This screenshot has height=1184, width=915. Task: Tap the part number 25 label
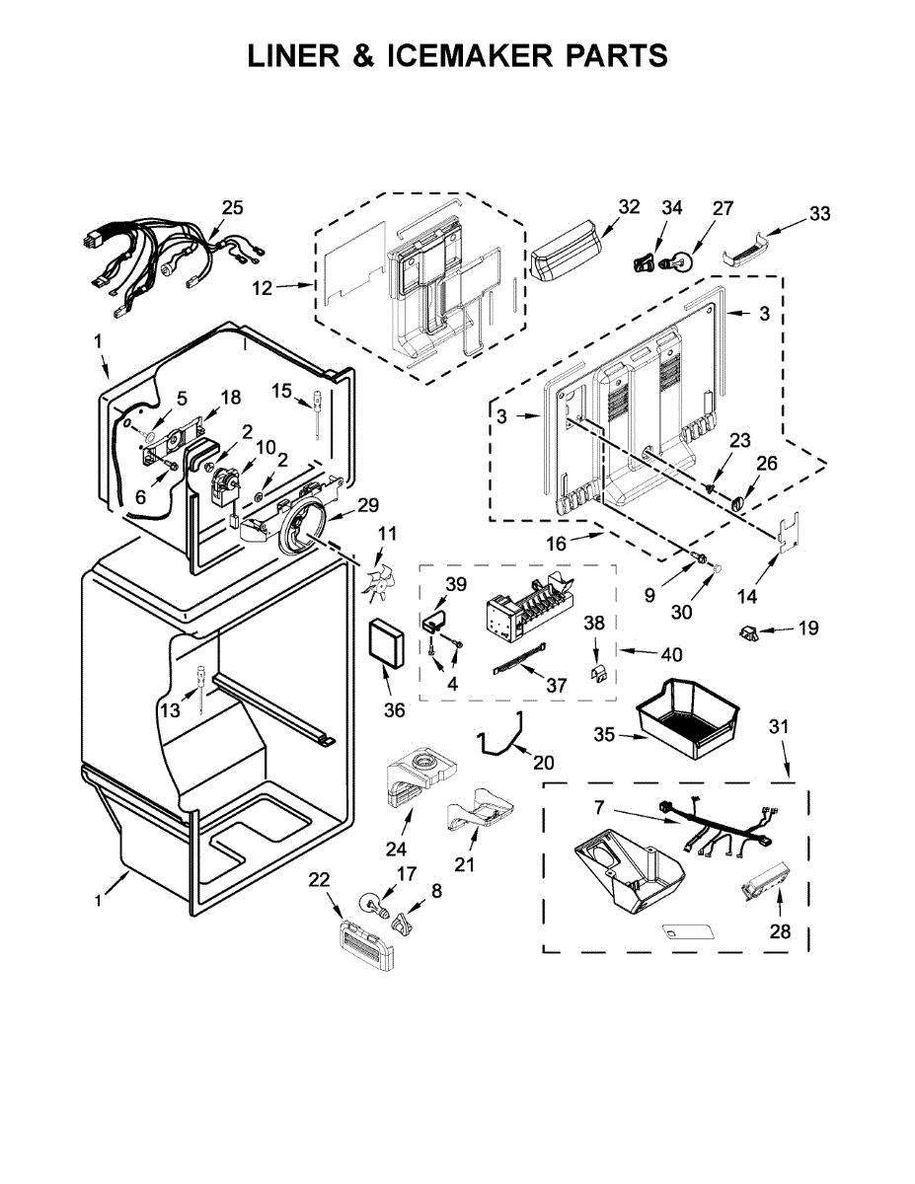tap(232, 208)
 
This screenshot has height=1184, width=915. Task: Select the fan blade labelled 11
tap(376, 580)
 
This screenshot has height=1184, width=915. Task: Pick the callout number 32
tap(629, 207)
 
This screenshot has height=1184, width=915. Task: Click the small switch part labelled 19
tap(749, 632)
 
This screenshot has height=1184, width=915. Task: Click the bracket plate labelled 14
tap(789, 536)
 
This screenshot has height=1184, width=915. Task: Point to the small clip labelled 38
tap(597, 673)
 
